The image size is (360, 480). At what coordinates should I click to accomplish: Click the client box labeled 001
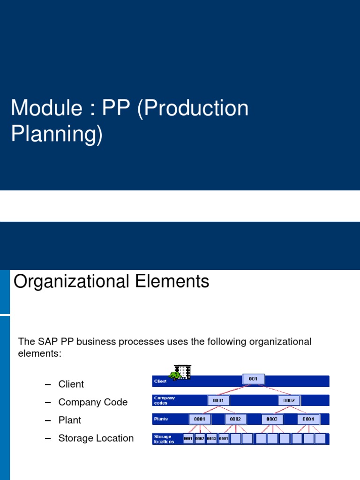point(253,379)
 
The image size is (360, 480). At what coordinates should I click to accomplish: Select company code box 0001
point(218,400)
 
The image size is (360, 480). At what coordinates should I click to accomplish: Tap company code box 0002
point(289,400)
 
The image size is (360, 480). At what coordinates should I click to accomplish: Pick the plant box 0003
point(272,419)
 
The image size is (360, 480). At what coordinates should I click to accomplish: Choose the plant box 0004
point(308,419)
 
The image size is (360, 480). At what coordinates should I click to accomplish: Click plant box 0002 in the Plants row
point(235,419)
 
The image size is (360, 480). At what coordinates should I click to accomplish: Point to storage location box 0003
point(211,439)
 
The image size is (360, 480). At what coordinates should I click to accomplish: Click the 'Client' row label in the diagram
point(160,382)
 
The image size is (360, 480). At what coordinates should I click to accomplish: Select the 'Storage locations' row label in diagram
point(164,439)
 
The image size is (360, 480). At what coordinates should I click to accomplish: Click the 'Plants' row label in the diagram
point(161,419)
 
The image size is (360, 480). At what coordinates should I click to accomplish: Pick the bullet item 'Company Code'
point(93,402)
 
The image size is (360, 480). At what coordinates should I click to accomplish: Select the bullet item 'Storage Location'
point(96,438)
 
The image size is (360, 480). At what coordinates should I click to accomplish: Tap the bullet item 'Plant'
point(70,420)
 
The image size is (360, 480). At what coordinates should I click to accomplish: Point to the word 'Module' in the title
point(42,108)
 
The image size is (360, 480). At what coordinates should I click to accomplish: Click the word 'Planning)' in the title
point(56,134)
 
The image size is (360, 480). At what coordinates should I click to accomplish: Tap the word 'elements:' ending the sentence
point(39,353)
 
